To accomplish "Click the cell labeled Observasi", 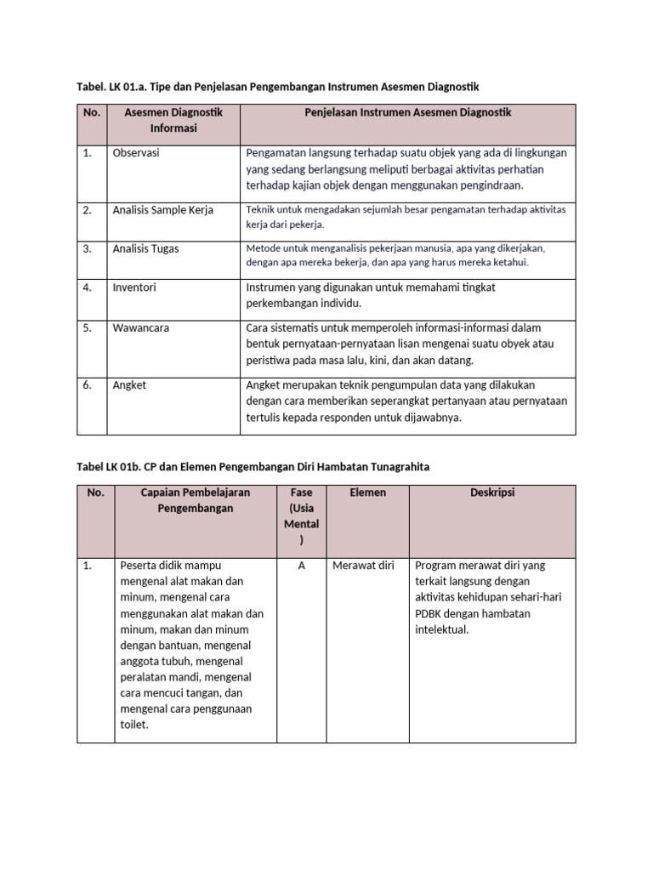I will (x=136, y=153).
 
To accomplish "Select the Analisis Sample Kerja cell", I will (x=162, y=210).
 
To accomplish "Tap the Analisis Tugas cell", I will (x=145, y=249).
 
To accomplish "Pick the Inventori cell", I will (x=134, y=287).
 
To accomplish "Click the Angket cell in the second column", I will (x=129, y=385).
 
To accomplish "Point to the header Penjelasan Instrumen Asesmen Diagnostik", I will (x=408, y=113).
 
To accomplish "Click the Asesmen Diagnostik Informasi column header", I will (x=173, y=121).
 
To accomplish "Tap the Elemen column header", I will (x=367, y=492).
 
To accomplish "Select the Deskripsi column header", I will (x=492, y=492).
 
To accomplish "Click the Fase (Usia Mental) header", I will (x=301, y=516).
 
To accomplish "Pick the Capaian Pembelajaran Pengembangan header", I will (x=196, y=500).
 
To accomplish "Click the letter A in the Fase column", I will (x=301, y=566).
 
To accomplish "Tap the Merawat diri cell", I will (x=363, y=566).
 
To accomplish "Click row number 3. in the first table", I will (x=88, y=249).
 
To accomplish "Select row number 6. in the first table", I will (x=88, y=385).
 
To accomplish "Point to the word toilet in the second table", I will (x=134, y=725).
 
